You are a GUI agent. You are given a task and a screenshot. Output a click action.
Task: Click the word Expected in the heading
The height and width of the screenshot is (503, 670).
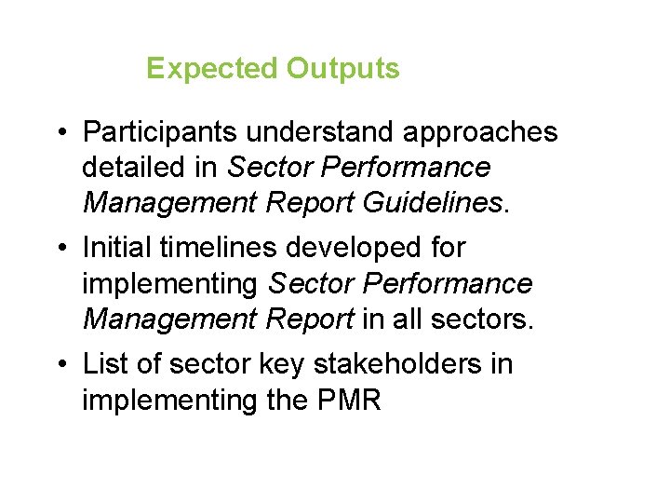point(213,69)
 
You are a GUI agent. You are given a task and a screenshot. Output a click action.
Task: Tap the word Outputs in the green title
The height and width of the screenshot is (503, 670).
point(342,69)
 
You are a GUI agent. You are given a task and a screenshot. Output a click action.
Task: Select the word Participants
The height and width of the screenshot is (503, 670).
point(156,132)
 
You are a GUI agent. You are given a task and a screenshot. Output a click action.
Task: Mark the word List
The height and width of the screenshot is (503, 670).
point(101,363)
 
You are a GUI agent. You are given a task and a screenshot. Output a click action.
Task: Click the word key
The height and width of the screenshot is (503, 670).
point(278,363)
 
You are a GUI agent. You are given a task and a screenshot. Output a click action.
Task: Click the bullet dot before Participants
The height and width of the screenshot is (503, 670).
point(59,133)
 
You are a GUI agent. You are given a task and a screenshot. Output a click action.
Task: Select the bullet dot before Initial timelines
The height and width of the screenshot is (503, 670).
point(59,249)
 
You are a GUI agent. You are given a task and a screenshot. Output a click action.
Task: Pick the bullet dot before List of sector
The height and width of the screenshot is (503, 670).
point(59,364)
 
